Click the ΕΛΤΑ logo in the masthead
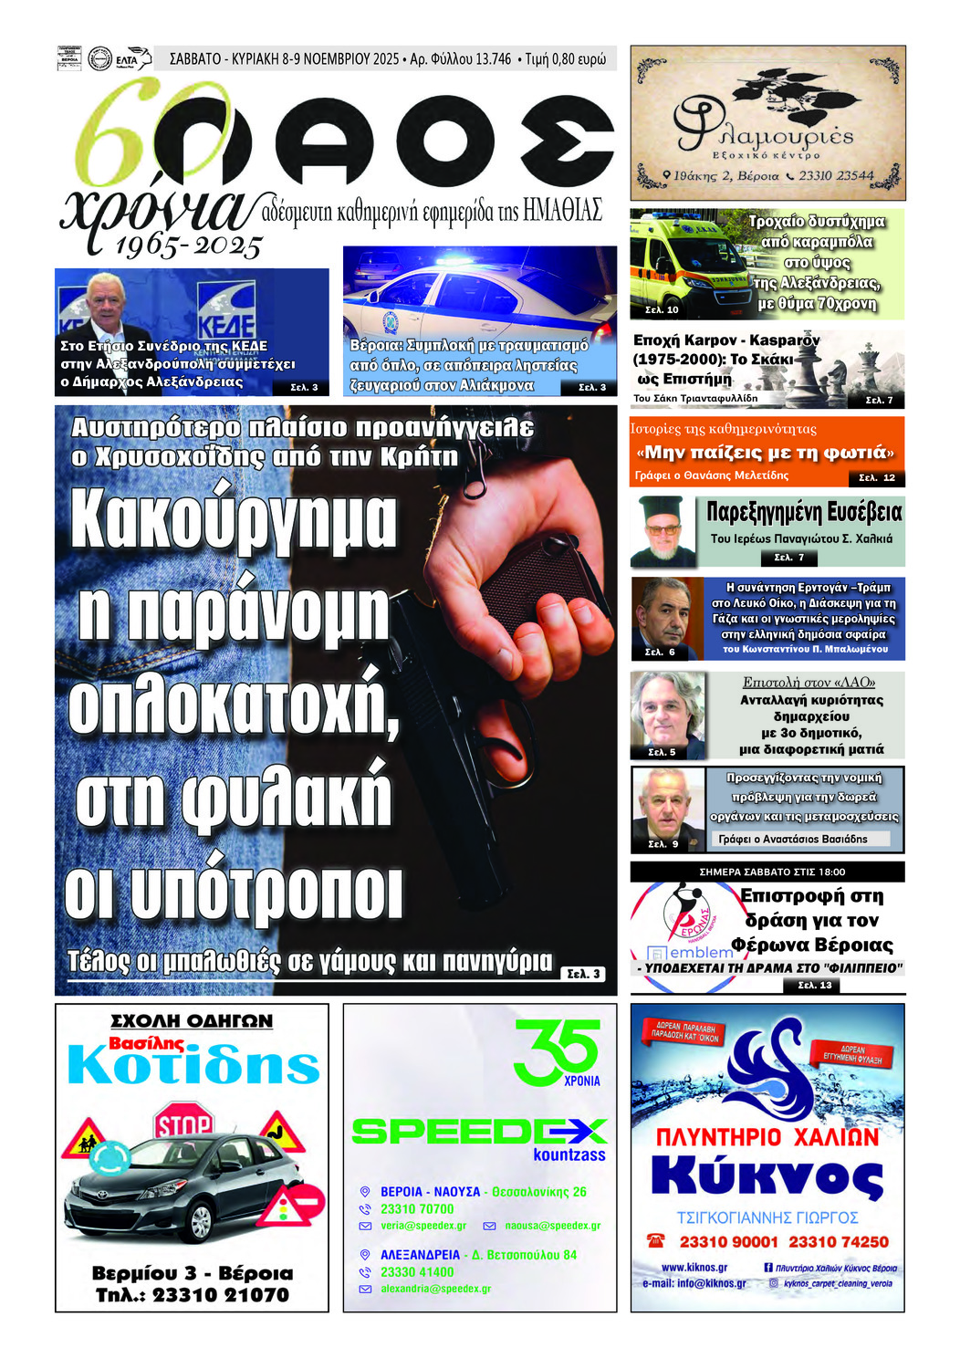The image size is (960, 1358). click(127, 59)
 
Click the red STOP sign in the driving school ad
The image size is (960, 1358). click(183, 1123)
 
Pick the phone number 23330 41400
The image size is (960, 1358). click(417, 1272)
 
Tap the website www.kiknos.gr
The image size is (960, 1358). click(694, 1268)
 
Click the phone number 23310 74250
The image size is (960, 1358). click(838, 1242)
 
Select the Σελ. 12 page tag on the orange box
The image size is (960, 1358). click(877, 477)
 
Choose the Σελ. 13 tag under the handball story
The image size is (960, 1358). click(815, 986)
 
